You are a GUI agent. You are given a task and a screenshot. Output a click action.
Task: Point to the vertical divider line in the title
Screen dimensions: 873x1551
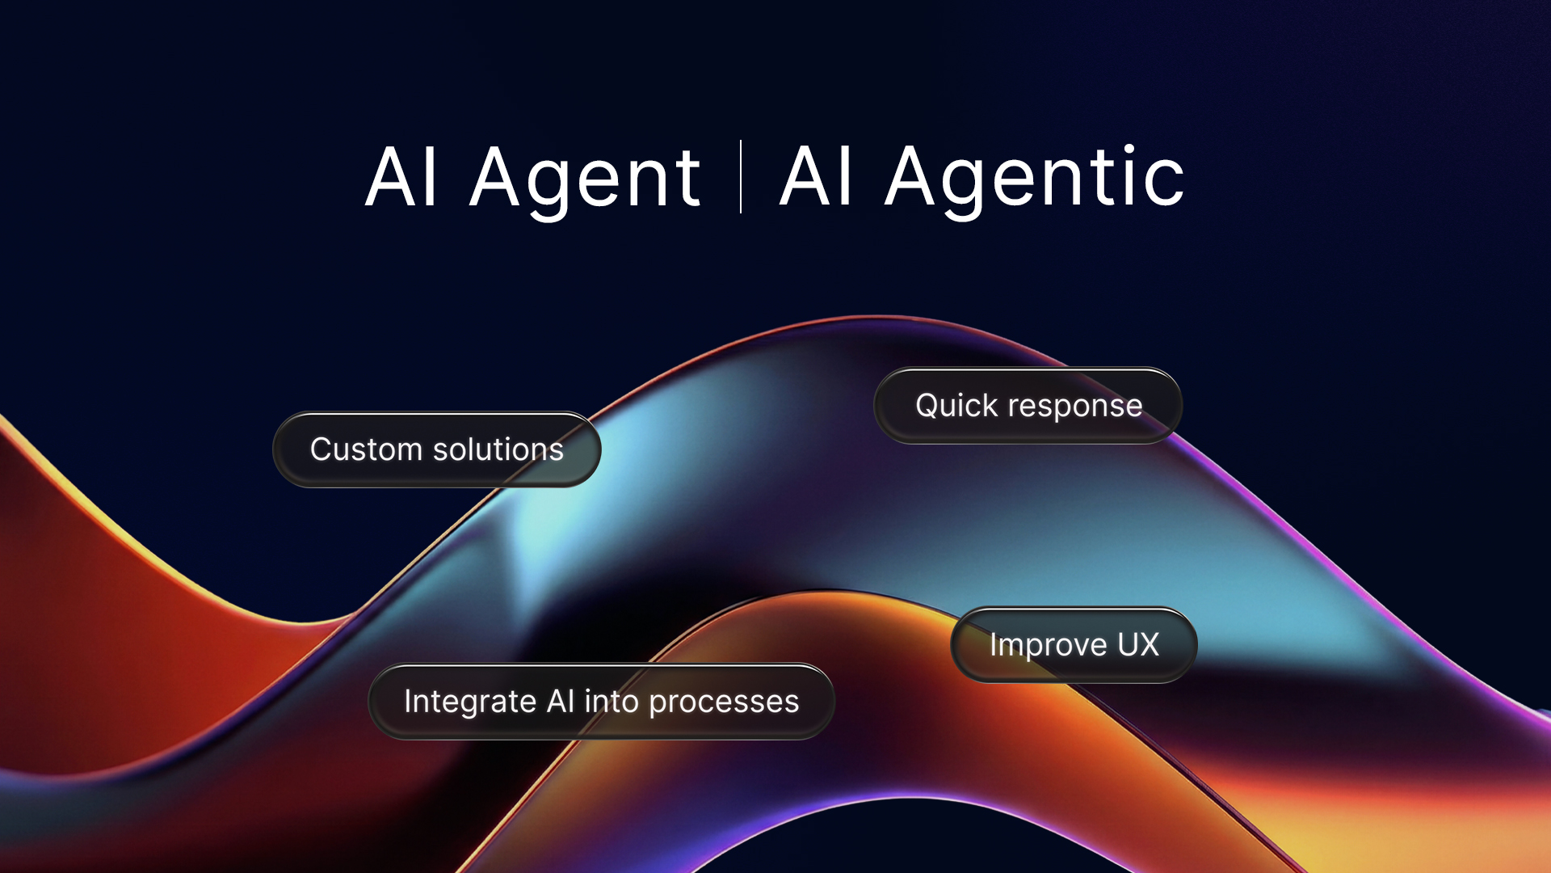(741, 176)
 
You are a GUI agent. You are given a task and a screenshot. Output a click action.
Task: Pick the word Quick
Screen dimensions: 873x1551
(956, 406)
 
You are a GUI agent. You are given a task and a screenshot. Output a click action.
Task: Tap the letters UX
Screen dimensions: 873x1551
(1138, 645)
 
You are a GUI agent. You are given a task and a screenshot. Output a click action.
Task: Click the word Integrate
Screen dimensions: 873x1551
(469, 702)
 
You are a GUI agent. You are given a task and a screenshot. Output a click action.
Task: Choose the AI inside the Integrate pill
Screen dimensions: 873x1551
(561, 701)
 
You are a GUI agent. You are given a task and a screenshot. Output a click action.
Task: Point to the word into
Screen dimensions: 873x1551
(612, 701)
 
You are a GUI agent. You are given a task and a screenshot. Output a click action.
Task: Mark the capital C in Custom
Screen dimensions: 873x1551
(322, 449)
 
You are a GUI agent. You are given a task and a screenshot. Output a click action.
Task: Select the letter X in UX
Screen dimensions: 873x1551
(1150, 645)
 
